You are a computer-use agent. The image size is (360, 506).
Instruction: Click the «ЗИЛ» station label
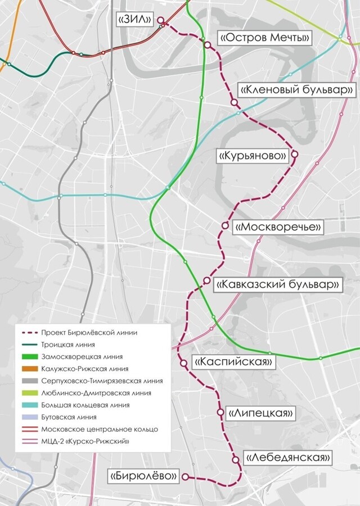(136, 20)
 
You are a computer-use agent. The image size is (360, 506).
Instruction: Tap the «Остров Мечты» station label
(265, 38)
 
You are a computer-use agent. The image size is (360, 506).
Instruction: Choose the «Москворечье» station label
(278, 227)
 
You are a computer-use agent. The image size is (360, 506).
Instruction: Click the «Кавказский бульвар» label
(278, 284)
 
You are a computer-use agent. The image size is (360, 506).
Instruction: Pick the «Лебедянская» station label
(287, 458)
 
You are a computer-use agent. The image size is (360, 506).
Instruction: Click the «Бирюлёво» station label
(144, 476)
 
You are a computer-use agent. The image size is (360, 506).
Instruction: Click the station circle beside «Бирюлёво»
(184, 477)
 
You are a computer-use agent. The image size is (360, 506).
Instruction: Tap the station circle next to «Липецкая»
(220, 413)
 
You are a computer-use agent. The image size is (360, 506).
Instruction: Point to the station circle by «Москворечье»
(225, 225)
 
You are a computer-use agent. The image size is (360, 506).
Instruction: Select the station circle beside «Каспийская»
(183, 364)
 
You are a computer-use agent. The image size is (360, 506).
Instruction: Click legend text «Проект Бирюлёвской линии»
(89, 333)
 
